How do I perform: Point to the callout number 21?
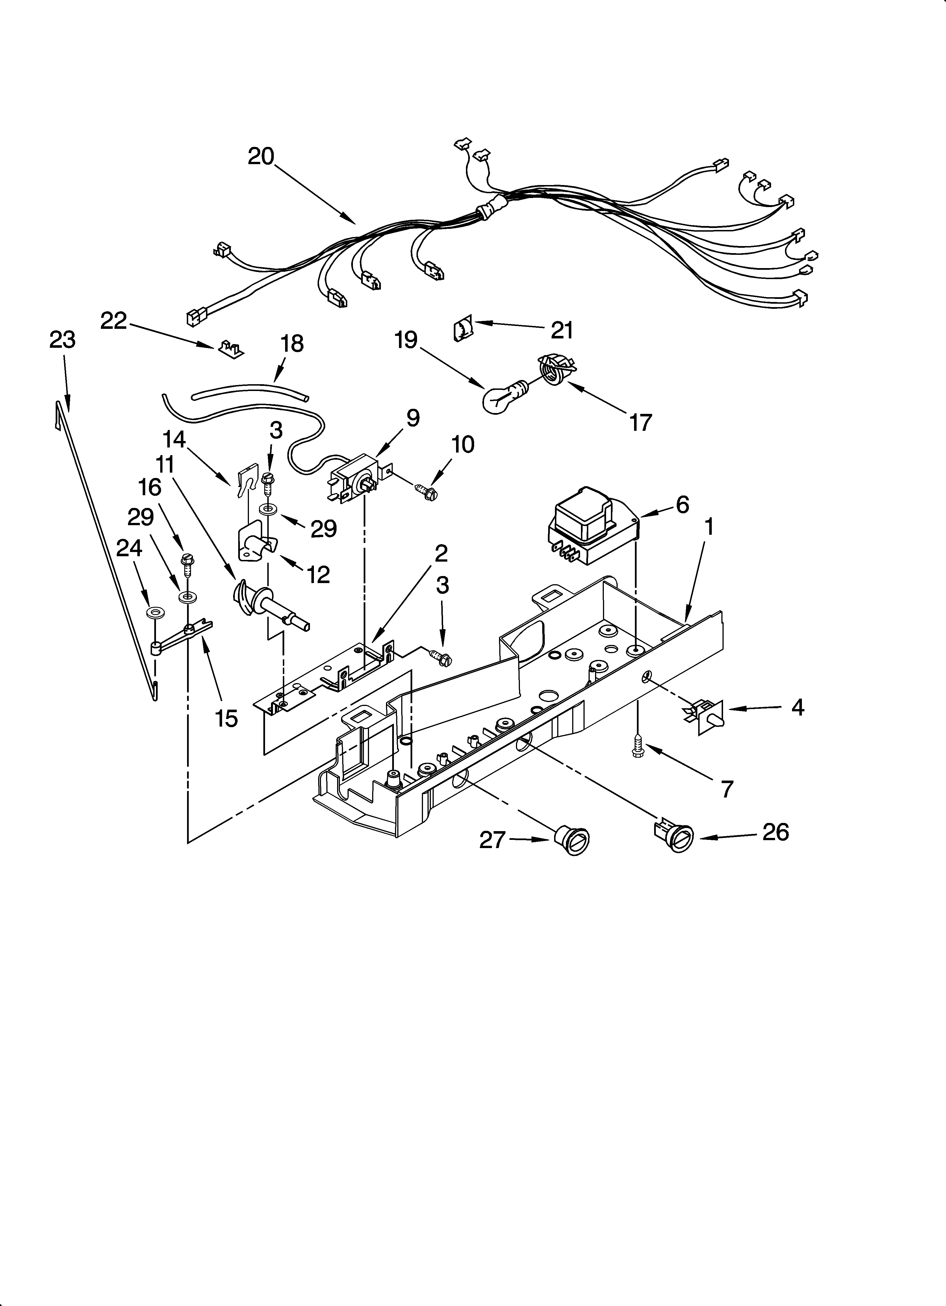(x=562, y=330)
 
